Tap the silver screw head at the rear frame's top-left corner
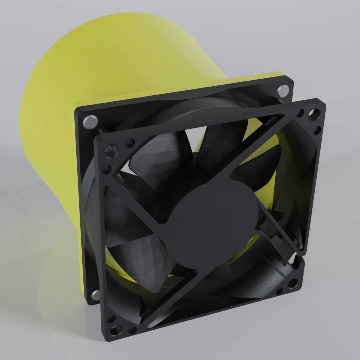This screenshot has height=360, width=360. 89,121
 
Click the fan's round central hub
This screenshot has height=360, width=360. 213,217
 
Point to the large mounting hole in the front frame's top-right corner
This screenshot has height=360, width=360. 314,114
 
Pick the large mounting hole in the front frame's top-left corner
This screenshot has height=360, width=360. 110,152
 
